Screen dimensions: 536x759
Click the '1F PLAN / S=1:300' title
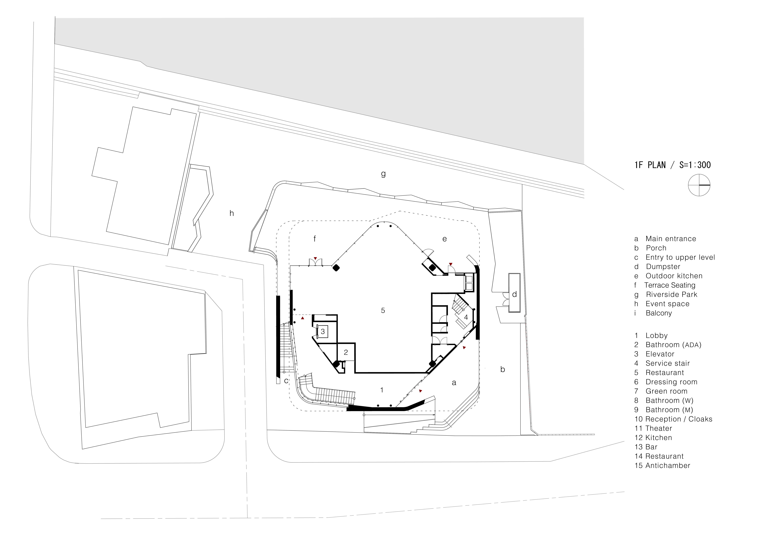(672, 165)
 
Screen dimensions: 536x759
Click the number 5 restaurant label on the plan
(383, 310)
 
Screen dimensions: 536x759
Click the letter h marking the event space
(232, 213)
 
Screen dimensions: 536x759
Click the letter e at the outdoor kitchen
(445, 239)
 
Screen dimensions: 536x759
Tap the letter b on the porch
(502, 369)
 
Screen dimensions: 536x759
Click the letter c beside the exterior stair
(286, 380)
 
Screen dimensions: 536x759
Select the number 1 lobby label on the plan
(382, 390)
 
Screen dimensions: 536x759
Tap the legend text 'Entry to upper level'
(680, 257)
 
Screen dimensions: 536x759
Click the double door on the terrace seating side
(315, 263)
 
